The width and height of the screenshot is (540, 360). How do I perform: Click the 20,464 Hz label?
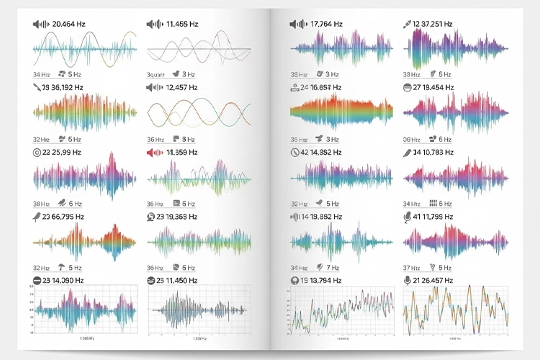pyautogui.click(x=68, y=24)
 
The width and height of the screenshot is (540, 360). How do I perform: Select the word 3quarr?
pyautogui.click(x=157, y=74)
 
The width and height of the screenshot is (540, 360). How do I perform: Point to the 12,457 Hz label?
pyautogui.click(x=181, y=88)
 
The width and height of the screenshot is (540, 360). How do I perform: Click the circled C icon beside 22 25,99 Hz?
pyautogui.click(x=37, y=153)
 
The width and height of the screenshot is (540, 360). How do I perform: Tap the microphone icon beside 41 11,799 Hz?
pyautogui.click(x=407, y=216)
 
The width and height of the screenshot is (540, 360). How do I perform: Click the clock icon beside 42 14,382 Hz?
pyautogui.click(x=294, y=152)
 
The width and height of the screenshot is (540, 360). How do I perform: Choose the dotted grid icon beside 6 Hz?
pyautogui.click(x=433, y=204)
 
